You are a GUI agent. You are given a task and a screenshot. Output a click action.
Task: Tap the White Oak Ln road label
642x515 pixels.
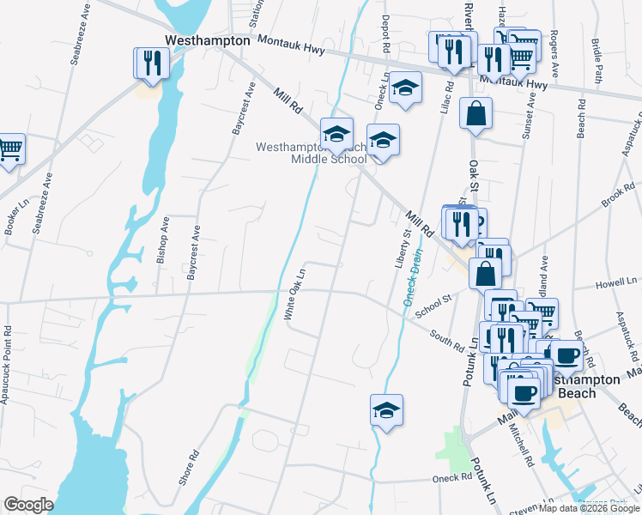tap(296, 294)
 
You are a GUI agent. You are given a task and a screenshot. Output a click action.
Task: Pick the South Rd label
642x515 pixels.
tap(447, 341)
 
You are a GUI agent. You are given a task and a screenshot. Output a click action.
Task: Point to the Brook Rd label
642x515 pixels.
tap(617, 197)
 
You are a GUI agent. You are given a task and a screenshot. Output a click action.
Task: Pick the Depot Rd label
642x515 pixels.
tap(386, 31)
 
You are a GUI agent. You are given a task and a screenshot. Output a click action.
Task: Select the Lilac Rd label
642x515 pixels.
tap(446, 99)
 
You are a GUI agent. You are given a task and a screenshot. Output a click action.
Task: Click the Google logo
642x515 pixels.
tap(28, 505)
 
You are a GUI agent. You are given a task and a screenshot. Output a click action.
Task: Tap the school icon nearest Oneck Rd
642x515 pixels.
tap(386, 410)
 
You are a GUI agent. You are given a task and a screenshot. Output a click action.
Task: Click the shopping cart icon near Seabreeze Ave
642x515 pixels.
tap(9, 148)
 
